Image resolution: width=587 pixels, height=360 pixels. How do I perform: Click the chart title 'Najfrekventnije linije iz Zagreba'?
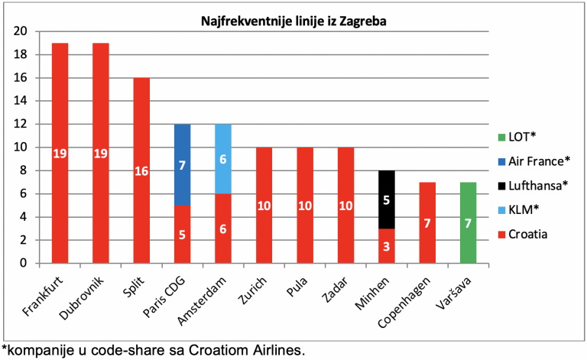293,21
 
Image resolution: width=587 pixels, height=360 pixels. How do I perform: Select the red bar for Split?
141,170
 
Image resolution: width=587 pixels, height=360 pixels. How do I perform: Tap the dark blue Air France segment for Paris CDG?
183,164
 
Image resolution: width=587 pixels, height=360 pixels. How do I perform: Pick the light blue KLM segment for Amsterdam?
223,159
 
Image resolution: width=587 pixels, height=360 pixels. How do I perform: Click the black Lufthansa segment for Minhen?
387,199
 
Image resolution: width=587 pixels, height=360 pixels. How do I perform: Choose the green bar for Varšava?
469,222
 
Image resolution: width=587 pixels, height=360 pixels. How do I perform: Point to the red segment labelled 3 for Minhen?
387,246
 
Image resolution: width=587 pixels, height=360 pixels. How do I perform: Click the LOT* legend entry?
517,137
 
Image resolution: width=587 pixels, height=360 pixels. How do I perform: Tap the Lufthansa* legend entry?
533,186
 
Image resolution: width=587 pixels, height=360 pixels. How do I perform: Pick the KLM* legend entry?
518,209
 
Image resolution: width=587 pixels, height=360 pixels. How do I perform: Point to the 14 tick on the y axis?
21,101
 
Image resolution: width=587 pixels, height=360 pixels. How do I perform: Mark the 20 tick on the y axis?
21,31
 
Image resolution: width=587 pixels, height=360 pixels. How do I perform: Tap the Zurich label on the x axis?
252,290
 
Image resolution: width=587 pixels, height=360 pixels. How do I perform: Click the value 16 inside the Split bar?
141,171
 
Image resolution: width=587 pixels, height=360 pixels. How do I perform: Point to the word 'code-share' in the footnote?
128,351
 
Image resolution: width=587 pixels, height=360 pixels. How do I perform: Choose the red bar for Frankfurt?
60,153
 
